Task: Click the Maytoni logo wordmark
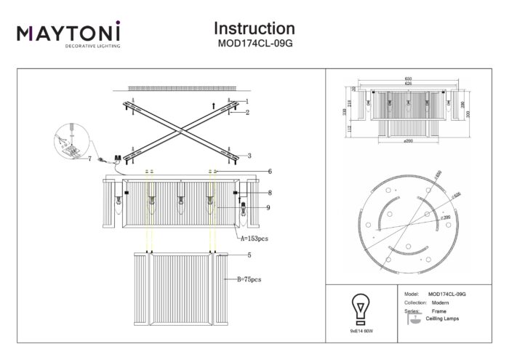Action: (68, 32)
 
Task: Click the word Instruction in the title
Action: (254, 28)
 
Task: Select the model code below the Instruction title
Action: (254, 43)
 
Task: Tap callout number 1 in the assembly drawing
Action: (247, 101)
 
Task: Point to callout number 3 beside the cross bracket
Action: (248, 156)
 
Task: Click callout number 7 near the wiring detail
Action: (89, 158)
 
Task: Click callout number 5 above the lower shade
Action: (249, 255)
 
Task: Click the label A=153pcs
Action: (256, 238)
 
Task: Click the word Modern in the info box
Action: (439, 302)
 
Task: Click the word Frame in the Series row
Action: (439, 311)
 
